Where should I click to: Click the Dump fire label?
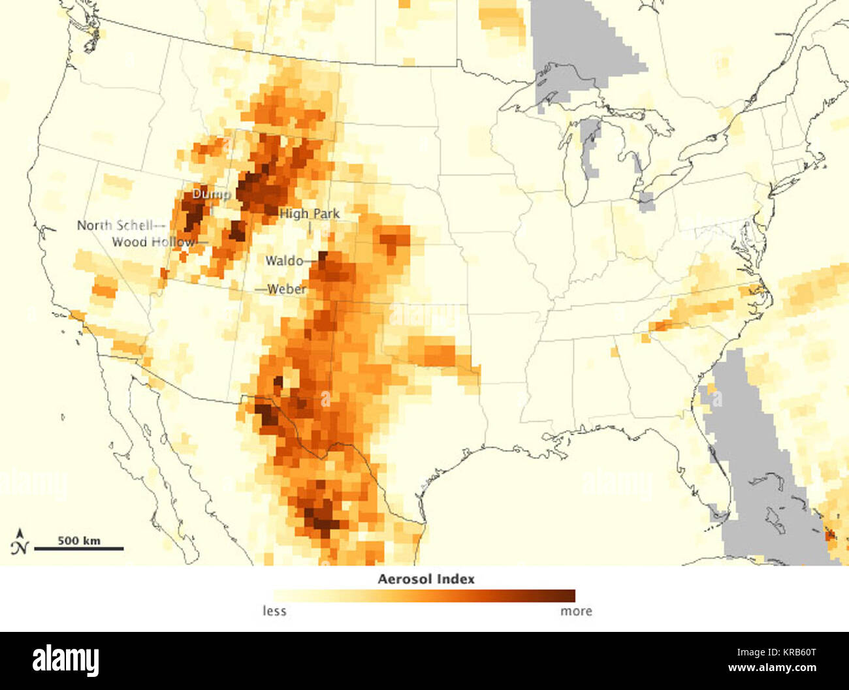click(x=210, y=194)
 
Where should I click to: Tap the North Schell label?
click(x=115, y=225)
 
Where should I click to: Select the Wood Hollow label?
click(x=153, y=242)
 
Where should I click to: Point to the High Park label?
click(x=310, y=213)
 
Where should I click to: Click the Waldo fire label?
click(x=284, y=260)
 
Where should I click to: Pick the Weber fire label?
click(x=287, y=289)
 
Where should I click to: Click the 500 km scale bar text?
click(x=79, y=540)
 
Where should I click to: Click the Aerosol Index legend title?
click(x=426, y=579)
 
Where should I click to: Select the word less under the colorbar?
click(x=274, y=611)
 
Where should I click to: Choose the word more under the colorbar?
click(x=576, y=611)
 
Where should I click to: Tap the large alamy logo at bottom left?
click(x=65, y=660)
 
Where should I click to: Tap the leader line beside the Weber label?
click(x=261, y=289)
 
